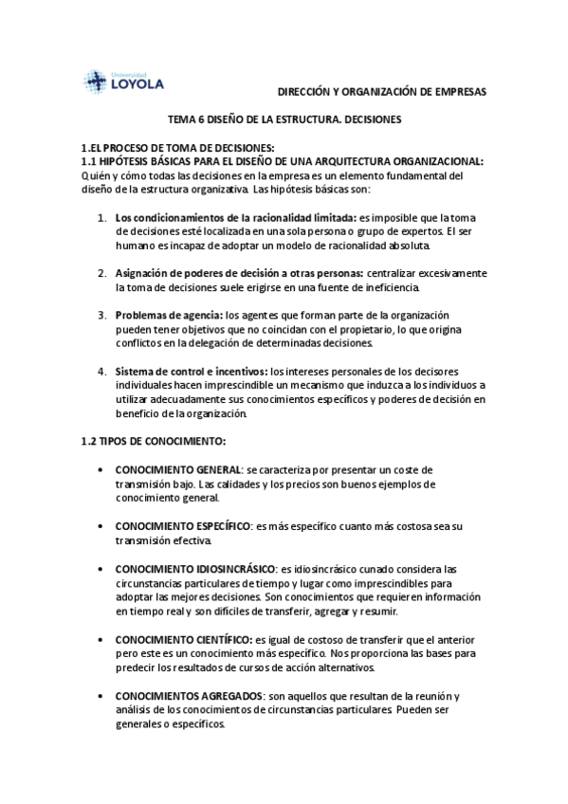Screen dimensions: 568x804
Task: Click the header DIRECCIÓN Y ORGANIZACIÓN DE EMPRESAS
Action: [381, 92]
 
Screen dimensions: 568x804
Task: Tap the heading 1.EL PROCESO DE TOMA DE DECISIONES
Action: [178, 150]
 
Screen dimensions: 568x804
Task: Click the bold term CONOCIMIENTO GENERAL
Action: [178, 470]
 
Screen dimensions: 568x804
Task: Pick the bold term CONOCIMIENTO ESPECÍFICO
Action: [181, 525]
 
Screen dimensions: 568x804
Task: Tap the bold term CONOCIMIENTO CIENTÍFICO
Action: [183, 640]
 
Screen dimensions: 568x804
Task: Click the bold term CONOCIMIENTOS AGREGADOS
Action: [190, 697]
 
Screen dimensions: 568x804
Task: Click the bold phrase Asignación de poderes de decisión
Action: [210, 273]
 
